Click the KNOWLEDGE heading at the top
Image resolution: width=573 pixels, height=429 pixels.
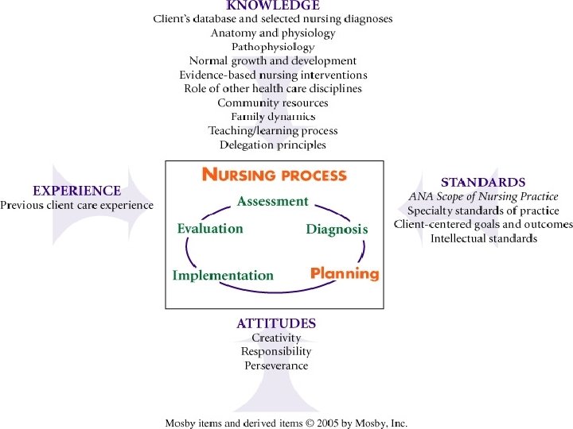pos(273,6)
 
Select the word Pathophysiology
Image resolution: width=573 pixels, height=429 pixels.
pos(273,47)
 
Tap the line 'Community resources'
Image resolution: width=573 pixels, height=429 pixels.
pos(273,102)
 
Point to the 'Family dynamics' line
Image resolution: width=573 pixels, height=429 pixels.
pos(273,117)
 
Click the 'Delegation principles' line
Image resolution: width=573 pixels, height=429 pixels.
pos(273,145)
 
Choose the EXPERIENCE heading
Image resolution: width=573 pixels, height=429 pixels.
pos(76,191)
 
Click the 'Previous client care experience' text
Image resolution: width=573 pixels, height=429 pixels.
pos(76,205)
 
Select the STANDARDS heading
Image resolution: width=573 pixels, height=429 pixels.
pos(483,182)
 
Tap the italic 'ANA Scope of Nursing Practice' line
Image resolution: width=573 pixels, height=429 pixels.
pos(483,196)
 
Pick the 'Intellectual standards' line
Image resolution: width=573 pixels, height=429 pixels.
pos(483,238)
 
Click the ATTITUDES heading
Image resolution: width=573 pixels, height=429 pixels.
pos(276,323)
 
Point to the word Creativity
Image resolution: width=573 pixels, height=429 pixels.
pos(276,338)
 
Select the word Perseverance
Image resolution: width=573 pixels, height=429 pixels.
pos(276,365)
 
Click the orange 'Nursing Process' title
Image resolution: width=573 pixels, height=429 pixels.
pos(274,175)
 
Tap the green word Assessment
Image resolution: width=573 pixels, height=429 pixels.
pos(272,202)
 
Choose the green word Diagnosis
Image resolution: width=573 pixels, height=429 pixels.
pos(337,230)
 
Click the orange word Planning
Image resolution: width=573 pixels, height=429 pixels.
pos(345,273)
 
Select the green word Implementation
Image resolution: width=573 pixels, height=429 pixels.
pos(223,276)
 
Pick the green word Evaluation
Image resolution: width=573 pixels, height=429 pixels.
pos(210,229)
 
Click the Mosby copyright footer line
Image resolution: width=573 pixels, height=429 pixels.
pos(286,423)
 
